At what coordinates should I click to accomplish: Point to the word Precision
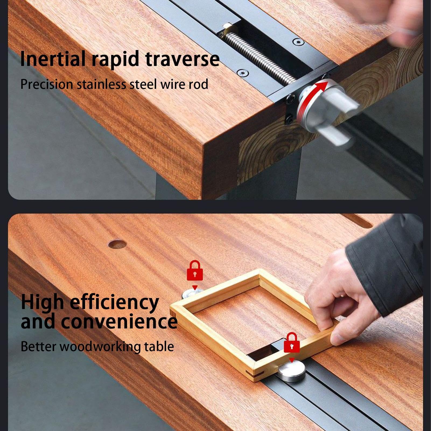pos(47,84)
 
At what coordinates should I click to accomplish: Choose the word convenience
pos(119,321)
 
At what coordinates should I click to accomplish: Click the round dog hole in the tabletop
pos(117,244)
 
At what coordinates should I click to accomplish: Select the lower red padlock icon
pos(292,343)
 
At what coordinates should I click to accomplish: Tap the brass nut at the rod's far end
pos(227,28)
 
